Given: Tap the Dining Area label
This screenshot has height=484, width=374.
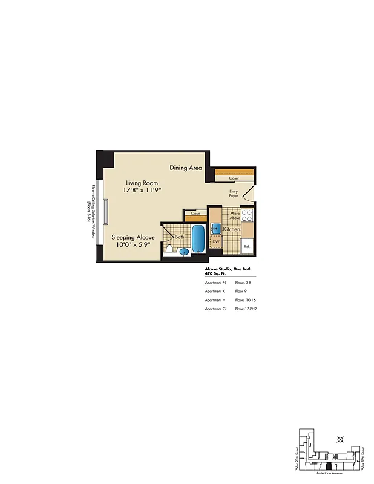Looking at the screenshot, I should coord(185,168).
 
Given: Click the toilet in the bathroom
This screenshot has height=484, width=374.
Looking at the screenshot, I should coord(170,249).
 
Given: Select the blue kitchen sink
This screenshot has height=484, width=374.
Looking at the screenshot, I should coord(215,229).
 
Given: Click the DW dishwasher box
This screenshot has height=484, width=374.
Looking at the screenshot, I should coord(216,242).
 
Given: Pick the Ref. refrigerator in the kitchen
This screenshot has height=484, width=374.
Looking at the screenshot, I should coord(247,246).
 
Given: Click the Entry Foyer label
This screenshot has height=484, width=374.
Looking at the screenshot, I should coord(233,194).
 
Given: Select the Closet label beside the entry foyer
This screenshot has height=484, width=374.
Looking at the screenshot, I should coord(234,178).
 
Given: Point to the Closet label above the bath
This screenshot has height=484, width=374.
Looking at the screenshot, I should coord(195,214).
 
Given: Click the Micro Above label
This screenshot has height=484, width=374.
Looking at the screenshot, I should coord(234,217).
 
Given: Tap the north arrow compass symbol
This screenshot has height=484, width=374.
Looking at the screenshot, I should coord(340,439).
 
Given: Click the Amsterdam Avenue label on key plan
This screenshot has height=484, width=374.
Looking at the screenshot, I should coord(329,474).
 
